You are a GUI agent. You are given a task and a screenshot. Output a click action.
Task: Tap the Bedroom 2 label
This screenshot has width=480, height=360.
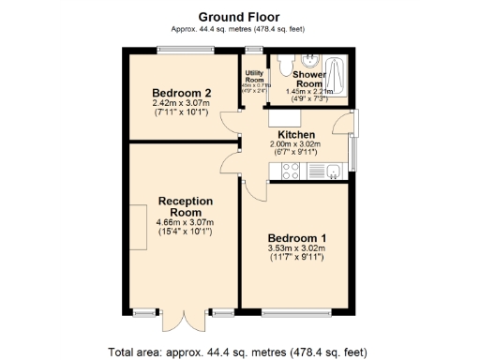click(x=183, y=93)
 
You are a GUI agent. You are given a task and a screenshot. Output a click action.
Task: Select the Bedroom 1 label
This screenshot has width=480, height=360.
click(x=296, y=237)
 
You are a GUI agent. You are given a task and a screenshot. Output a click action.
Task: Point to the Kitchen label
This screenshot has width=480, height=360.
click(x=295, y=135)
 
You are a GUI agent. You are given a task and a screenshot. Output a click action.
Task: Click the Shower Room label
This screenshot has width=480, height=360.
click(x=307, y=78)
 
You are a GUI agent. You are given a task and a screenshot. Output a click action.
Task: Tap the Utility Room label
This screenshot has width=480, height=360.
click(x=253, y=77)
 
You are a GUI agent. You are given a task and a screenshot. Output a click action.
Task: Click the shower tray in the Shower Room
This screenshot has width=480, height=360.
click(x=338, y=77)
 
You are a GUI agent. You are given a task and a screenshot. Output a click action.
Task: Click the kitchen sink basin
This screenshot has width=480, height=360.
click(x=333, y=170)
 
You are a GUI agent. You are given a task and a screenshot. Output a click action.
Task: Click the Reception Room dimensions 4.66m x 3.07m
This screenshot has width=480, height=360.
click(x=185, y=222)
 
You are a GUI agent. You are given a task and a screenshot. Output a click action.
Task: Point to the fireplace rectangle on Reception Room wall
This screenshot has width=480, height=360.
click(x=139, y=226)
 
